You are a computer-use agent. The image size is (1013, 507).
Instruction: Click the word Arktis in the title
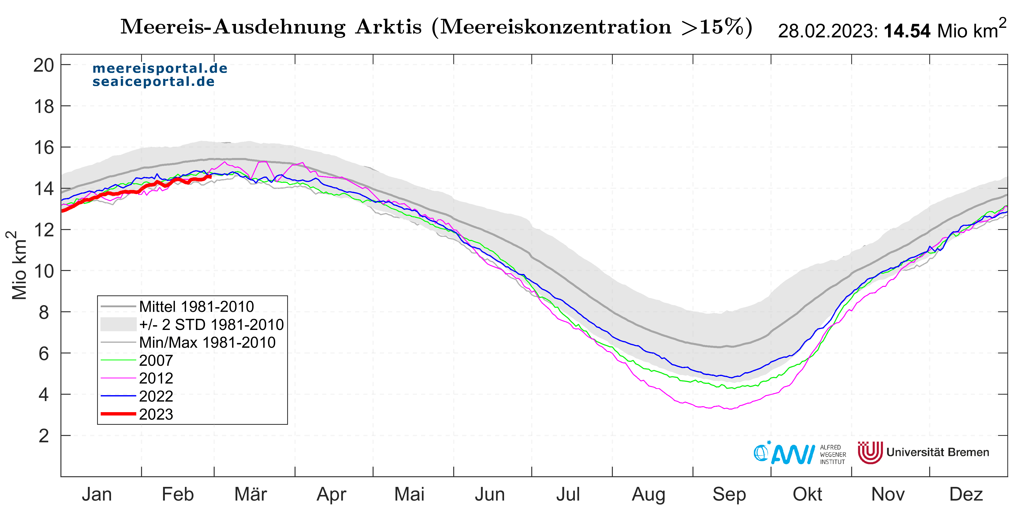pyautogui.click(x=388, y=27)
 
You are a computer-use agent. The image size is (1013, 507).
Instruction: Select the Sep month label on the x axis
pyautogui.click(x=729, y=494)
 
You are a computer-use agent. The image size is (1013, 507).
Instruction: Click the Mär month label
pyautogui.click(x=251, y=494)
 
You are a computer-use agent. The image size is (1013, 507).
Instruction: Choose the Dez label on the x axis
pyautogui.click(x=966, y=494)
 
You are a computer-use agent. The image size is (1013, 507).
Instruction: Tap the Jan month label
pyautogui.click(x=97, y=494)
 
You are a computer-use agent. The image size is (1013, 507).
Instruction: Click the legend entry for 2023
pyautogui.click(x=156, y=414)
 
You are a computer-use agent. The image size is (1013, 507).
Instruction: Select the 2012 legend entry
pyautogui.click(x=156, y=378)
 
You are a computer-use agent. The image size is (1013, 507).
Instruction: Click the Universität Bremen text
pyautogui.click(x=938, y=452)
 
